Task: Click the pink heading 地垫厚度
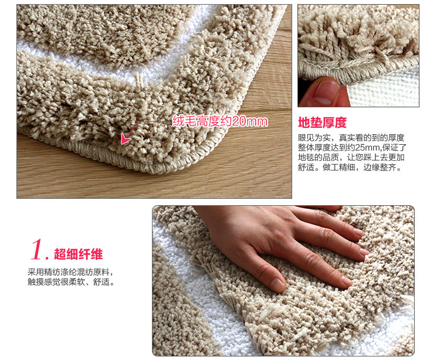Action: click(322, 123)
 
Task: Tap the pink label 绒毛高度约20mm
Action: click(220, 121)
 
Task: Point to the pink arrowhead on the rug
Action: click(126, 139)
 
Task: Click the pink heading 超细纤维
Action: click(78, 254)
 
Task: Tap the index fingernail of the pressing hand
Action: click(347, 280)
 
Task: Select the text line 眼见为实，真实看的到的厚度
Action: click(351, 138)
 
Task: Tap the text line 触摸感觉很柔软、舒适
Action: click(71, 282)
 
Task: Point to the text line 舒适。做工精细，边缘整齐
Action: click(350, 167)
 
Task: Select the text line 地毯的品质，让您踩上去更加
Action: click(351, 157)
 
